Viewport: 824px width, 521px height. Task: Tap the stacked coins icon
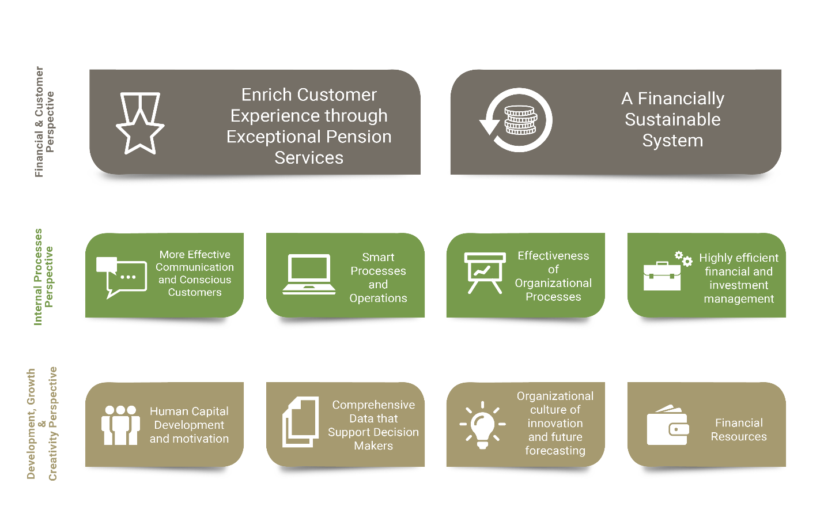[520, 120]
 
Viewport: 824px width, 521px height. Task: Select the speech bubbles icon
[122, 277]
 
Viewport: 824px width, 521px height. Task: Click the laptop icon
[309, 274]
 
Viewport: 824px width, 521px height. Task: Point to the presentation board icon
[485, 273]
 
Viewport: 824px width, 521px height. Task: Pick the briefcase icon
[662, 276]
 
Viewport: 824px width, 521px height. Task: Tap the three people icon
[120, 425]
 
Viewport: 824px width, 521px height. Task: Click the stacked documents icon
[301, 422]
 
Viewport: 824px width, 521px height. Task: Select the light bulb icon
[483, 425]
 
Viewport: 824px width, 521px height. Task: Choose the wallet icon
[668, 425]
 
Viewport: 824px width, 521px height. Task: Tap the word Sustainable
[672, 119]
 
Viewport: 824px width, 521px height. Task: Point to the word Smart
[378, 257]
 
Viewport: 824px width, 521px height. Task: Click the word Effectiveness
[553, 256]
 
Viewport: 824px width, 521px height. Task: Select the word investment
[739, 285]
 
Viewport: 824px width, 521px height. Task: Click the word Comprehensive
[373, 405]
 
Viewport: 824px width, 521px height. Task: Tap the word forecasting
[555, 451]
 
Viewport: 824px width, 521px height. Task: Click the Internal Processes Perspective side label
[43, 277]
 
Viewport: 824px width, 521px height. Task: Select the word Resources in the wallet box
[739, 437]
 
